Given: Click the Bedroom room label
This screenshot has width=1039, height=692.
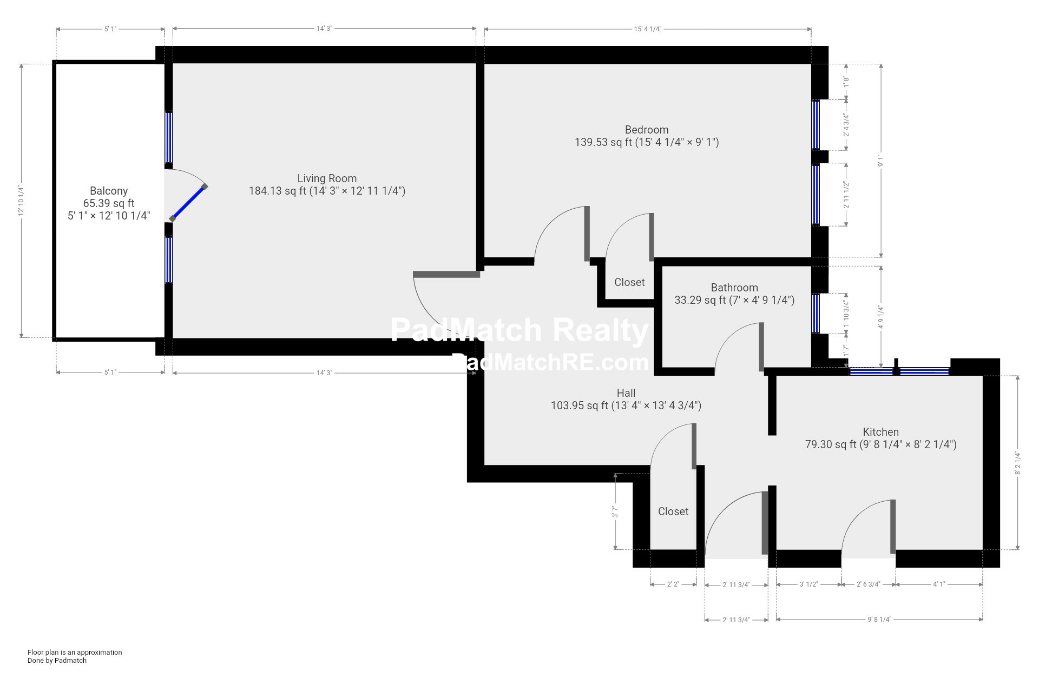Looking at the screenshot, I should tap(646, 130).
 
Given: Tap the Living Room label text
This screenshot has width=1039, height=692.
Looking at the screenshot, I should tap(327, 178).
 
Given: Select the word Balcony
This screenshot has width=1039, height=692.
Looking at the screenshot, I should tap(109, 191).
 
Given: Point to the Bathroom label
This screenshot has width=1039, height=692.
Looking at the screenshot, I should tap(734, 288).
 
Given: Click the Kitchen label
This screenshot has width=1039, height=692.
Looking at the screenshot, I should tap(880, 432).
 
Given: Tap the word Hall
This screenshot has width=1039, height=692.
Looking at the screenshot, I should tap(626, 393).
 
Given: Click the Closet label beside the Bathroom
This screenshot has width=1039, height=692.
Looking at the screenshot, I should tap(629, 282).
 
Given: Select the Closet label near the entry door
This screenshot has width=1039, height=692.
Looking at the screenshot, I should tap(673, 511).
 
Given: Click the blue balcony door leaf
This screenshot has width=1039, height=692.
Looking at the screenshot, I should tap(188, 203).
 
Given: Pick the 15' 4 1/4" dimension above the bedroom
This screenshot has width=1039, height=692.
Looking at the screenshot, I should tap(648, 29).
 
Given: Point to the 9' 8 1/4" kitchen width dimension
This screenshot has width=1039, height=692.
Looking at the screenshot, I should tap(879, 620).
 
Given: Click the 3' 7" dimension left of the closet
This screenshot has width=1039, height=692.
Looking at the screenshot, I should tap(615, 511).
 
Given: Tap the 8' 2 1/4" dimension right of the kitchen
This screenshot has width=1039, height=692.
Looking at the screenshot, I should tap(1018, 463).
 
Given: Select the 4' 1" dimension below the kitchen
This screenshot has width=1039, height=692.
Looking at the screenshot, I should tap(939, 584).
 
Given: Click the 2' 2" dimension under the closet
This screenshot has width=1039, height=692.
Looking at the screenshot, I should tap(673, 584).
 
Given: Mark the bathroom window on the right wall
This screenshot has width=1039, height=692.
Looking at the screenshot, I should tap(816, 314).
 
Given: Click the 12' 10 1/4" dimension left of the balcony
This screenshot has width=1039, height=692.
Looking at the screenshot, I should tap(22, 201).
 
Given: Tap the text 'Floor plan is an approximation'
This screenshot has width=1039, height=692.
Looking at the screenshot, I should tap(75, 652).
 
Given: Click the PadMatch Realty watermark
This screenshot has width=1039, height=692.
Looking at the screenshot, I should tap(519, 330).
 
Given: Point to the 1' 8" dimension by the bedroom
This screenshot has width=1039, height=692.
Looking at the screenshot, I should tap(846, 82).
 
